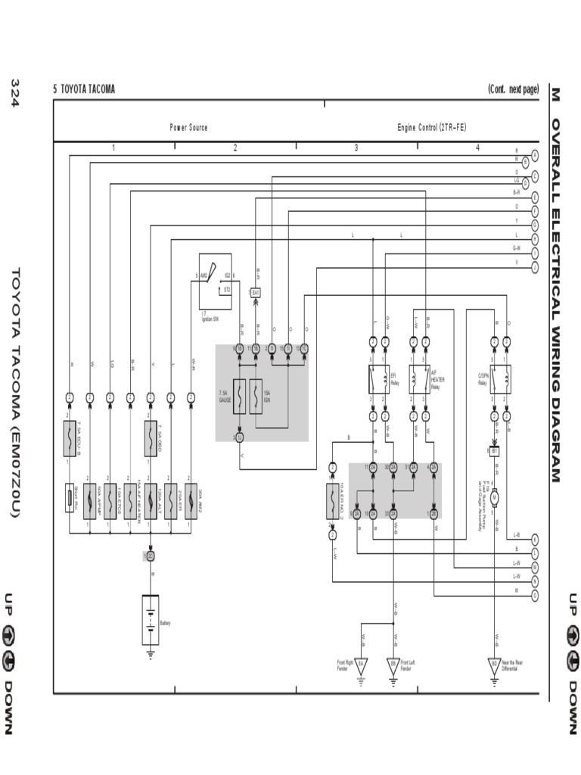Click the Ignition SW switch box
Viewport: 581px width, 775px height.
[216, 282]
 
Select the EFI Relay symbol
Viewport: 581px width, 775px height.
[378, 375]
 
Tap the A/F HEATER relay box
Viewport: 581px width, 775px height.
[419, 375]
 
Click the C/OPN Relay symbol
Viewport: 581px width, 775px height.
[500, 375]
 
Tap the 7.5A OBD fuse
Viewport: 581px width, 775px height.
[151, 439]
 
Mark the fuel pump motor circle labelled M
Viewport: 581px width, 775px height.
[495, 497]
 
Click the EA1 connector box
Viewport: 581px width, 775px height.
[256, 292]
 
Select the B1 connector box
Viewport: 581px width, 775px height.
[495, 450]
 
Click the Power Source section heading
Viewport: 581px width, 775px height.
[188, 128]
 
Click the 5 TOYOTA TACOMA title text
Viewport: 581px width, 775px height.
[84, 89]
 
